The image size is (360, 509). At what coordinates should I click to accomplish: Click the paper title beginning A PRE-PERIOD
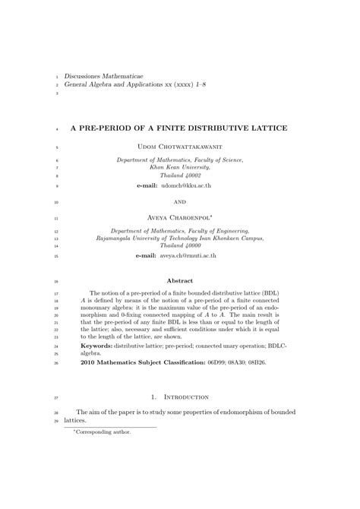click(x=179, y=128)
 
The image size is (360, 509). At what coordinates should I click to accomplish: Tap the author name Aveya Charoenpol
click(x=179, y=217)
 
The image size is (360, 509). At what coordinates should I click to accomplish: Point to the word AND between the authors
click(x=180, y=202)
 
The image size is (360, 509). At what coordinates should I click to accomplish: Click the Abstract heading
click(x=180, y=280)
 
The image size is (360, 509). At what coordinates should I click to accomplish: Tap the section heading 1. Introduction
click(x=180, y=397)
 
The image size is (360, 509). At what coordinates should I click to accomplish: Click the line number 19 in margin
click(x=56, y=281)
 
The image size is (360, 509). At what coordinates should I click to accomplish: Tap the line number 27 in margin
click(x=56, y=397)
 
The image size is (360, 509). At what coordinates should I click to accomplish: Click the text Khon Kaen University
click(x=179, y=166)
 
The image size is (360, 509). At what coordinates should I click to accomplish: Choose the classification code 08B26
click(x=276, y=362)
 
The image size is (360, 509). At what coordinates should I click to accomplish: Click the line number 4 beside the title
click(x=58, y=128)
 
